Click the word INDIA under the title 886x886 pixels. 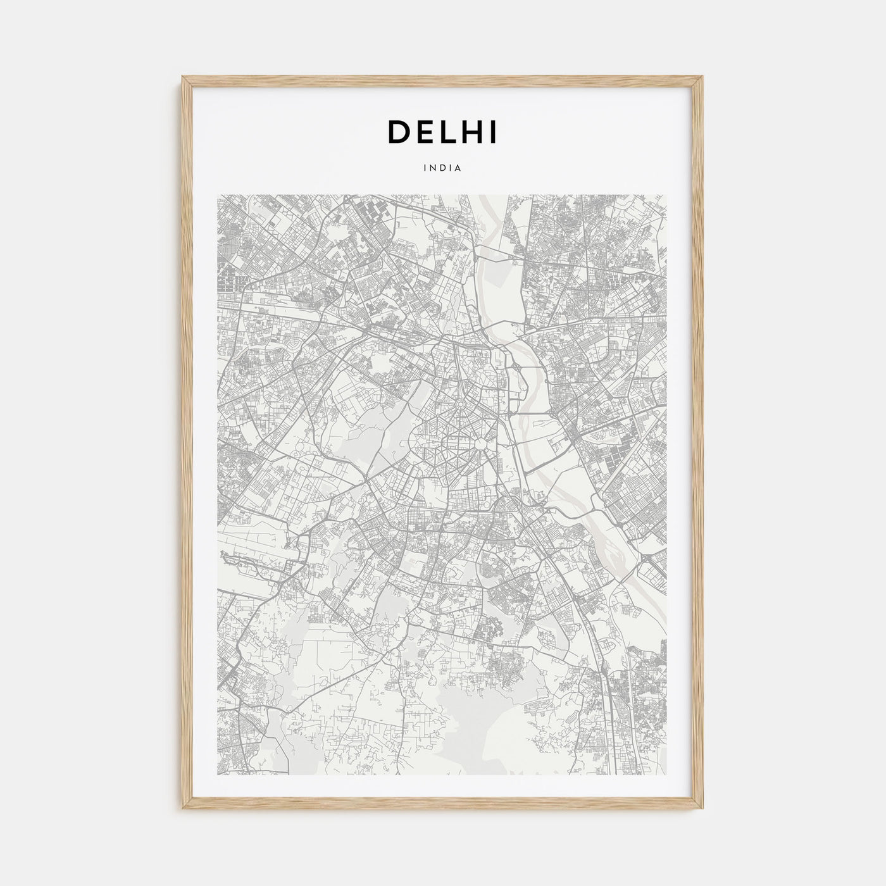pyautogui.click(x=443, y=168)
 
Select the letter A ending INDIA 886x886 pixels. pyautogui.click(x=458, y=168)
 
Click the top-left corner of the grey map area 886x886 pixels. pyautogui.click(x=218, y=195)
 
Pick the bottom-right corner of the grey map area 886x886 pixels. pyautogui.click(x=668, y=775)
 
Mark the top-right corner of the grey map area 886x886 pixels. pyautogui.click(x=668, y=195)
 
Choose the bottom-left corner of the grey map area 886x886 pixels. pyautogui.click(x=218, y=775)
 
